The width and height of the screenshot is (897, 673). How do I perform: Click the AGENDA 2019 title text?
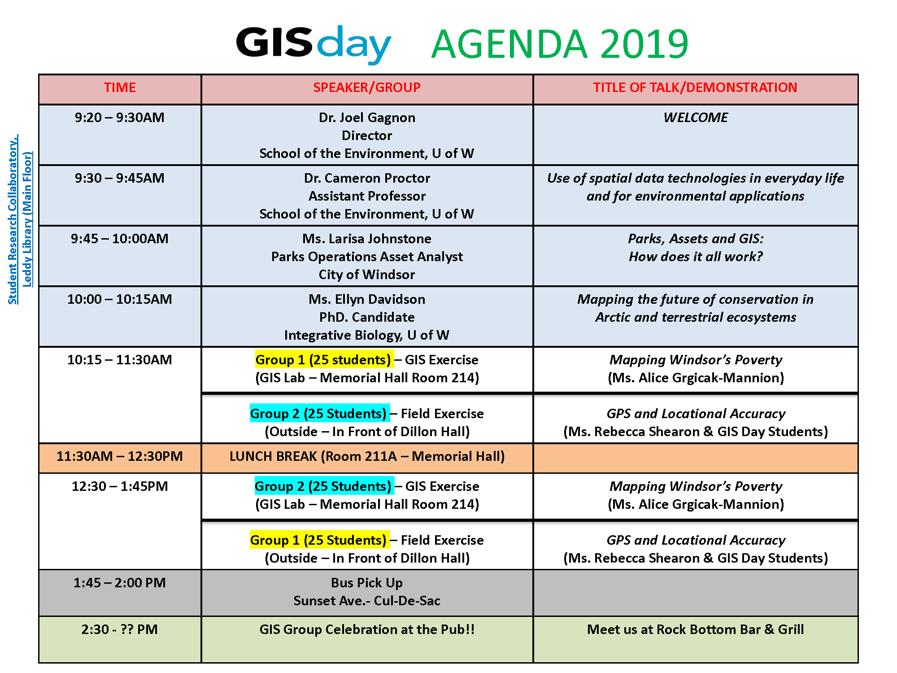click(559, 44)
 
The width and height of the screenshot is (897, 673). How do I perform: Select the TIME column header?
click(120, 87)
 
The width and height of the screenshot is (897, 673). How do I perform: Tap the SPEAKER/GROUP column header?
click(367, 87)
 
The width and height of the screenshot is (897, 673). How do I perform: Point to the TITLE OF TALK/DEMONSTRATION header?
click(695, 87)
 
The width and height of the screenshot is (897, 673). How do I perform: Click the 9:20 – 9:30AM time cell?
click(120, 118)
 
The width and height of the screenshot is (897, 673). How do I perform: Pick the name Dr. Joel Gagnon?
click(367, 118)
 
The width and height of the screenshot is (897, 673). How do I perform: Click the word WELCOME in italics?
click(695, 118)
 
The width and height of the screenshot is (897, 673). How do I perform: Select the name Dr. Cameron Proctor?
click(367, 178)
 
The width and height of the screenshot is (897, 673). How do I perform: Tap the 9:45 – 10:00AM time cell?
click(120, 239)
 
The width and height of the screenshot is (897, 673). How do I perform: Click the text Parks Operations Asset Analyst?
click(367, 257)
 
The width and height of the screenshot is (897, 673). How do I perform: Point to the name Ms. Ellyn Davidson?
click(367, 299)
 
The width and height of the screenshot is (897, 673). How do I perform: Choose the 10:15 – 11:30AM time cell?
click(120, 360)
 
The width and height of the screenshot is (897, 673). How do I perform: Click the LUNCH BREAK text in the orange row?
click(367, 456)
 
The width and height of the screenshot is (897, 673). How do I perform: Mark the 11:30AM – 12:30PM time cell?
click(120, 456)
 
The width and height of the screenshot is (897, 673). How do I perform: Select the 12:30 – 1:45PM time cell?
click(120, 486)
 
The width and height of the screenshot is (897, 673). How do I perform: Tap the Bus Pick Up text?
click(367, 583)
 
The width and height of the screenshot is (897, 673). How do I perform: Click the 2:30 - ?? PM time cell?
click(120, 629)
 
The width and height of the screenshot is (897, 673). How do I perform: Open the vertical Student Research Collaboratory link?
click(13, 220)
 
